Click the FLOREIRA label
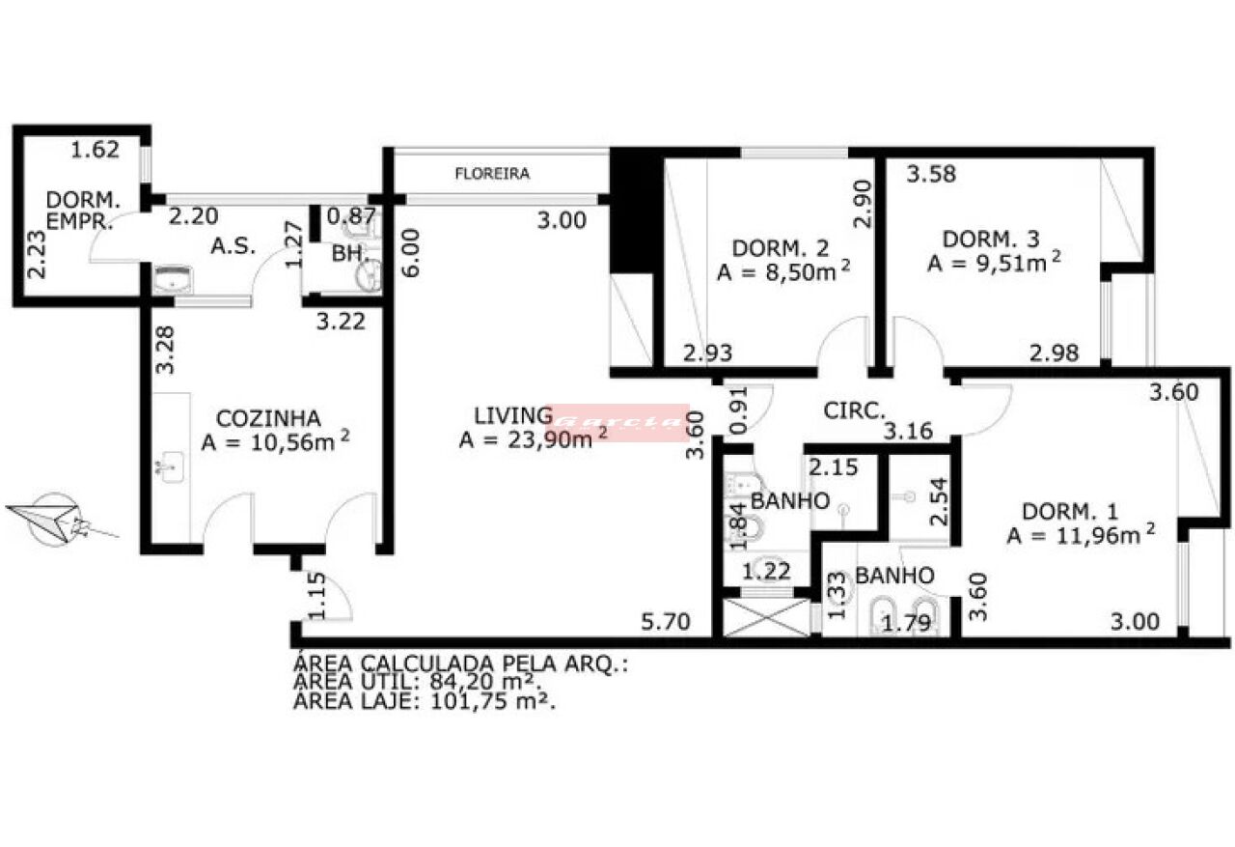click(493, 174)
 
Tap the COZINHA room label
click(268, 418)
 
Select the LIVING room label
click(510, 416)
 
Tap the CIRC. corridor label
click(854, 410)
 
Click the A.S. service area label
click(233, 246)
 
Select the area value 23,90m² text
click(534, 440)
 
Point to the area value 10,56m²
click(275, 442)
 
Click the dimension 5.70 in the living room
click(666, 622)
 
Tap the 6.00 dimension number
click(410, 253)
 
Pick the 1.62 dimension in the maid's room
click(95, 150)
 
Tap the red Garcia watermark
click(618, 422)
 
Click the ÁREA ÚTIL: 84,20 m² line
click(415, 684)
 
